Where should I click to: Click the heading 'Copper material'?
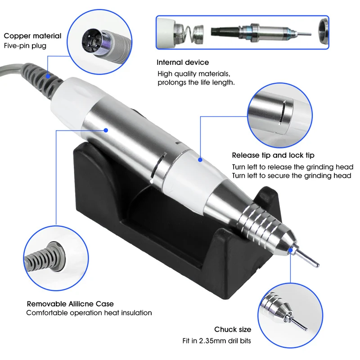(32, 36)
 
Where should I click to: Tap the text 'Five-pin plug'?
(25, 45)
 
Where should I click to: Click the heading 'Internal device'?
(183, 63)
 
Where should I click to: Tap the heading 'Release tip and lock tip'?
(273, 155)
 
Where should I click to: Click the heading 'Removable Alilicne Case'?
(70, 304)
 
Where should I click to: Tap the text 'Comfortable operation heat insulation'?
(89, 313)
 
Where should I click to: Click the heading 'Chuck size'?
(233, 330)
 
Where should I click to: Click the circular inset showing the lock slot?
(279, 112)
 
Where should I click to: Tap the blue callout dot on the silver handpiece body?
(106, 130)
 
